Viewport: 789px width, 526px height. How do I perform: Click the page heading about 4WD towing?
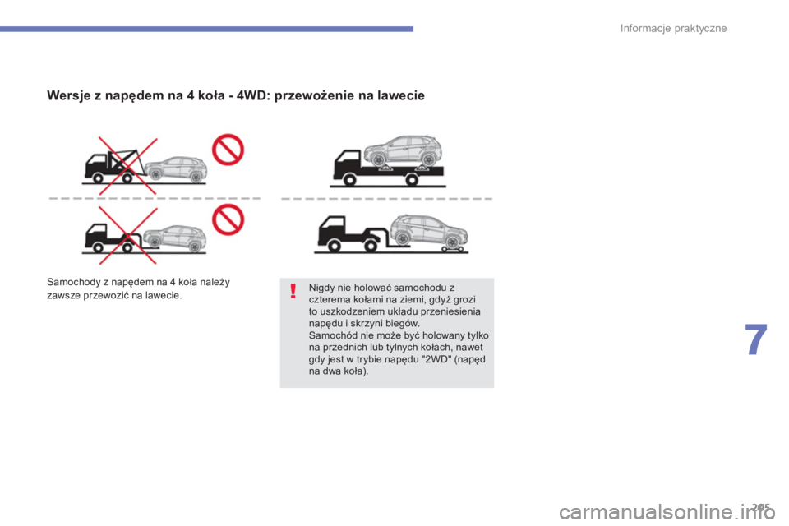coord(236,95)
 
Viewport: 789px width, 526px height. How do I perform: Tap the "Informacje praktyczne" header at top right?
coord(673,29)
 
